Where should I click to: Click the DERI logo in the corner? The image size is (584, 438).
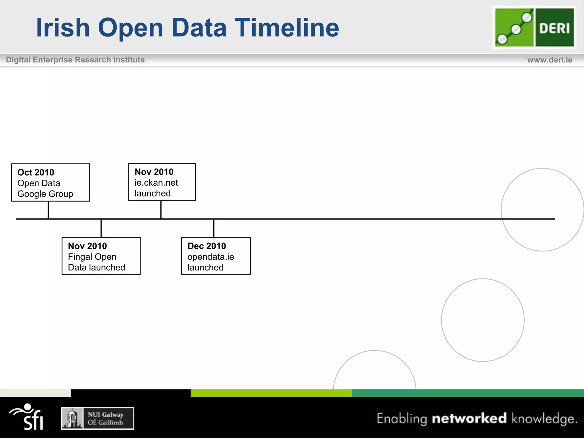pos(534,27)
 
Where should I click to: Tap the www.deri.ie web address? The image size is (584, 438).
pos(549,60)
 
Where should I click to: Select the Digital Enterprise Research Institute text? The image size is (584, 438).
pos(75,60)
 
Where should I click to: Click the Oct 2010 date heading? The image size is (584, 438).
pos(36,173)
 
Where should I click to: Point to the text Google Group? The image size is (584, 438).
pos(45,194)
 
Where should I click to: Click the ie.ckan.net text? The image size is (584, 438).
pos(156,183)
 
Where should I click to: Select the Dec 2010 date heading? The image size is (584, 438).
pos(206,246)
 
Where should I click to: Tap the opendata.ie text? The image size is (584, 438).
pos(210,257)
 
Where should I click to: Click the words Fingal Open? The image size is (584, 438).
pos(92,257)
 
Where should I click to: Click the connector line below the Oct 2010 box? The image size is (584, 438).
pos(48,210)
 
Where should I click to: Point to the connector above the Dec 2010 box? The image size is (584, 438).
pos(214,228)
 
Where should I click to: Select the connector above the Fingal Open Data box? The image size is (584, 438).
pos(101,228)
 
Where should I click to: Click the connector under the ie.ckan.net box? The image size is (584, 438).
pos(161,210)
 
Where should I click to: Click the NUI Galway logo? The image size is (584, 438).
pos(98,418)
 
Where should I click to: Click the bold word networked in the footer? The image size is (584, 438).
pos(469,418)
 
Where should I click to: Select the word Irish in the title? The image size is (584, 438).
pos(63,27)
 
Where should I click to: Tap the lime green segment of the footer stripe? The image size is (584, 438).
pos(271,393)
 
